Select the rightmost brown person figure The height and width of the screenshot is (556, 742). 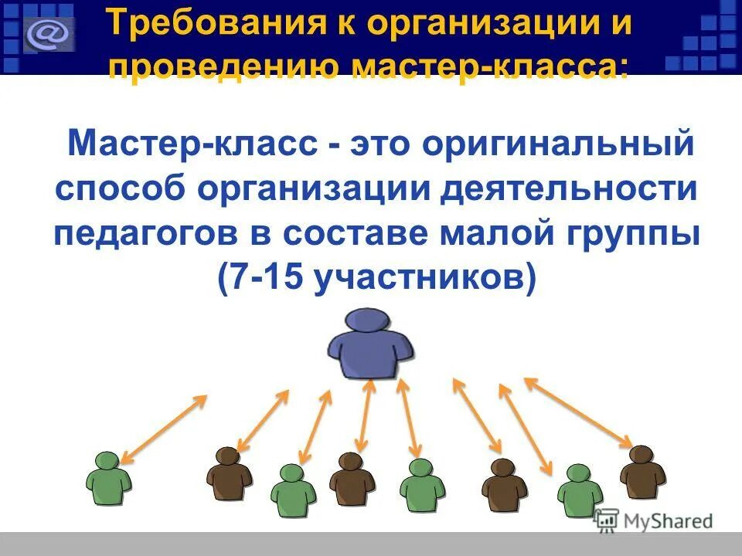point(642,471)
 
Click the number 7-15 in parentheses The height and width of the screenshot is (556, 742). point(260,278)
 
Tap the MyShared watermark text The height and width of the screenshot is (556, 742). point(664,522)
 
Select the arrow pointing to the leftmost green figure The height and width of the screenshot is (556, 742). point(163,429)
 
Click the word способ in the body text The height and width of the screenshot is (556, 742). point(128,190)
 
